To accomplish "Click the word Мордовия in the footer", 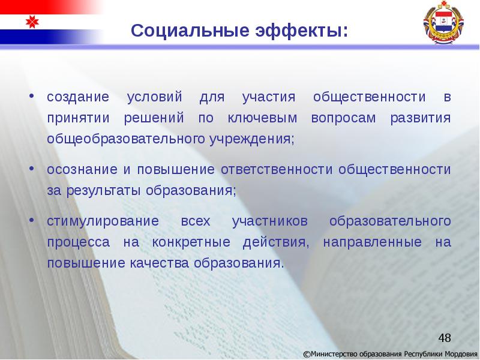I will [x=461, y=353].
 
